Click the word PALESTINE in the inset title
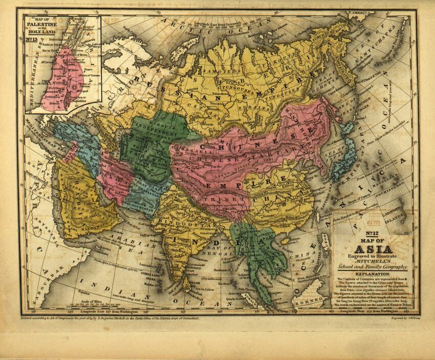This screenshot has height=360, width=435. pos(38,25)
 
